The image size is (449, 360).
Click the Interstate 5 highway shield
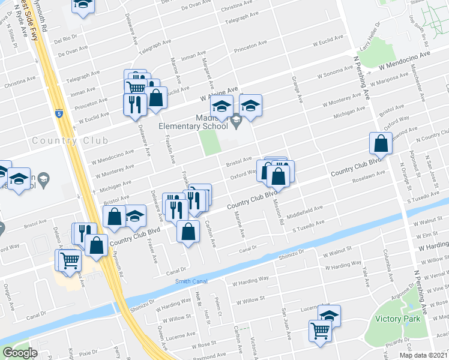58,112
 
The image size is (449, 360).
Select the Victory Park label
396,319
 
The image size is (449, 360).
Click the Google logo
20,353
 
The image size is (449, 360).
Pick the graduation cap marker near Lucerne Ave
329,316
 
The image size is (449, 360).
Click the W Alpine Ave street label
219,93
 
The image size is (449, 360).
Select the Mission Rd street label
279,212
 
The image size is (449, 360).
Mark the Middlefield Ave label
305,211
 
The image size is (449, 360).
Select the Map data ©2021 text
424,355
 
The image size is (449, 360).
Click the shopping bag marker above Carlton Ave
188,231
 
